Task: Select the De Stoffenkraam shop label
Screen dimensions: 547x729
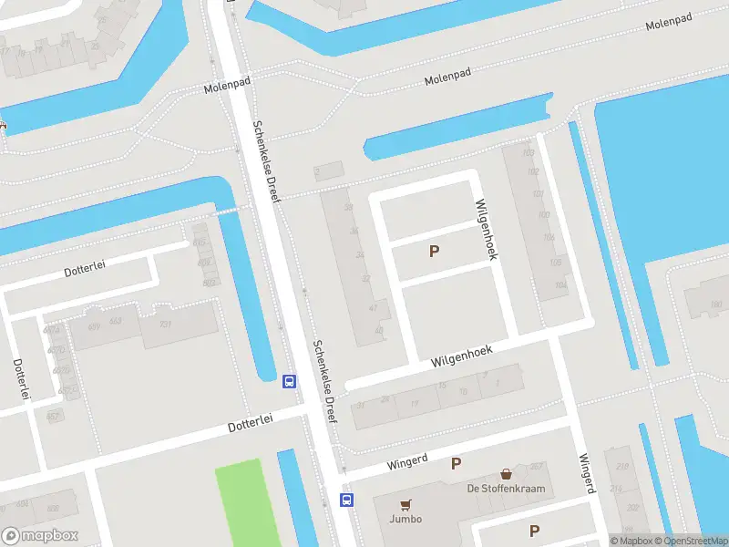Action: tap(506, 489)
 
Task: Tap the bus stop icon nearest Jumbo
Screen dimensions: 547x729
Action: tap(347, 499)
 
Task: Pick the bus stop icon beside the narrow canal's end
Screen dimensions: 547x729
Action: tap(290, 381)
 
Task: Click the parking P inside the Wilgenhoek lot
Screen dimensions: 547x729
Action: tap(435, 251)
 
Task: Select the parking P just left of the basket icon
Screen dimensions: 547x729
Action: tap(456, 464)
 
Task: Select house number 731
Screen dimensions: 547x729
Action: tap(165, 324)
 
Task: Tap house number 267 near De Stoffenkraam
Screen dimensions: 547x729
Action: tap(536, 466)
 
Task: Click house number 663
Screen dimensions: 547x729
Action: tap(116, 321)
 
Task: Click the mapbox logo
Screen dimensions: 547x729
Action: tap(40, 536)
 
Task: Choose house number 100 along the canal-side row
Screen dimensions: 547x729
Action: tap(544, 215)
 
